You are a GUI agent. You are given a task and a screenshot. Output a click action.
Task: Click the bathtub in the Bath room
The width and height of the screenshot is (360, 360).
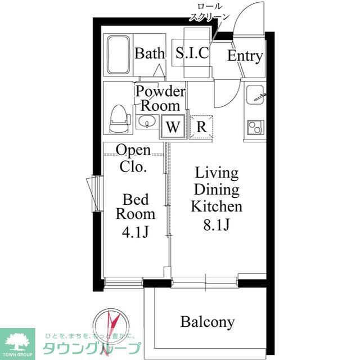[x=118, y=55]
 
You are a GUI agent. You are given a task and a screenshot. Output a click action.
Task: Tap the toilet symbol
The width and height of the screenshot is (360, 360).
[x=118, y=118]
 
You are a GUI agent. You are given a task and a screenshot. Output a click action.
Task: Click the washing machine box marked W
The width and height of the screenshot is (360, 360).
[x=173, y=127]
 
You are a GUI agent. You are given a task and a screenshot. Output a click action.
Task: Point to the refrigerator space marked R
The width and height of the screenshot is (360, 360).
[x=201, y=127]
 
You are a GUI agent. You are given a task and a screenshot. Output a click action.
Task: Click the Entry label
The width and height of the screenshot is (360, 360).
[x=245, y=56]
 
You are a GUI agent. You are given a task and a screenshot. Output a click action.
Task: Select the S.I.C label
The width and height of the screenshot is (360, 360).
[x=192, y=53]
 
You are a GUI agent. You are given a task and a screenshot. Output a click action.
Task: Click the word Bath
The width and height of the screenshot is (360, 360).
[x=150, y=54]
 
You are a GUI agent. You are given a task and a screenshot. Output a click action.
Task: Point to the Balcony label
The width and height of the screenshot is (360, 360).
[x=207, y=322]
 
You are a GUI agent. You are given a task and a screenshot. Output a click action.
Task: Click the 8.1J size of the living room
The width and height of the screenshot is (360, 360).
[x=216, y=224]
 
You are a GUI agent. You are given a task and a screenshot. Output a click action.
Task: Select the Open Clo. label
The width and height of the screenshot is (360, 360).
[x=133, y=158]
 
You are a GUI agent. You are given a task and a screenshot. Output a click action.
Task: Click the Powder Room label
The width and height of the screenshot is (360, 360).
[x=160, y=98]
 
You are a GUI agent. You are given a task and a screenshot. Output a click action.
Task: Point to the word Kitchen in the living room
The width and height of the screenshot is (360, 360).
[x=216, y=206]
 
